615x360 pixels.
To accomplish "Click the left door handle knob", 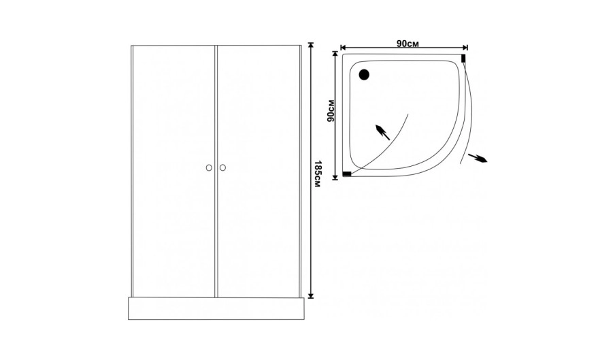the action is [x=209, y=168].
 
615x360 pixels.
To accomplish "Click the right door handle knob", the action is [x=222, y=168].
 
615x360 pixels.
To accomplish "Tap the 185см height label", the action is [x=318, y=174].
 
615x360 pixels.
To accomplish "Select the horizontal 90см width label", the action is [x=407, y=44].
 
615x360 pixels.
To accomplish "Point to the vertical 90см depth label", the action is [x=331, y=111].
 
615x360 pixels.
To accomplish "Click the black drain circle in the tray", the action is [x=364, y=74].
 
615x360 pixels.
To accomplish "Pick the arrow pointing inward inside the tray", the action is [x=382, y=132].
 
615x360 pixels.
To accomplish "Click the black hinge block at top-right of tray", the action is [x=463, y=59].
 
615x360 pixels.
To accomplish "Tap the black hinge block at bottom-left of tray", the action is [x=347, y=174].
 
